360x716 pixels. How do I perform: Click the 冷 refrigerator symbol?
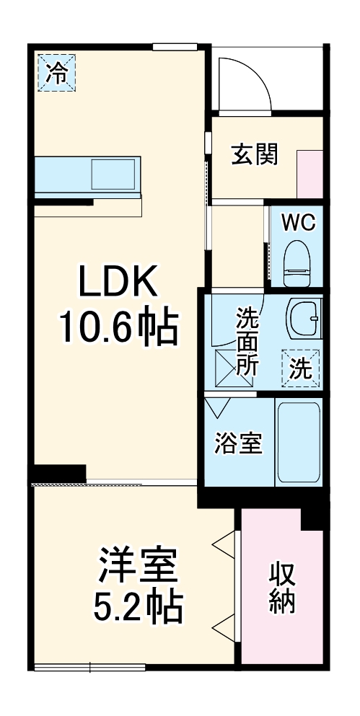click(x=57, y=73)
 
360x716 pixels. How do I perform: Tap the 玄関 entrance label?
click(x=255, y=155)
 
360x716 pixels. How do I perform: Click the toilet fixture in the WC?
click(x=297, y=263)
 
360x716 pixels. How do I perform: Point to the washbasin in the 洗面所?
click(x=304, y=318)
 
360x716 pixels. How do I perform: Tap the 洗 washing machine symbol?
click(x=301, y=368)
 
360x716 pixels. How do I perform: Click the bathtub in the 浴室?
click(x=299, y=442)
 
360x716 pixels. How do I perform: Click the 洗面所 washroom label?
click(x=247, y=341)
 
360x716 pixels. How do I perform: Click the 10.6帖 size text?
click(x=119, y=327)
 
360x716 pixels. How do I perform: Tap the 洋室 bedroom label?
click(x=136, y=566)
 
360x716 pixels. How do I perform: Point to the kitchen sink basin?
click(x=113, y=174)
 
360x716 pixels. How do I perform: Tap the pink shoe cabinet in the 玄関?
click(x=309, y=174)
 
